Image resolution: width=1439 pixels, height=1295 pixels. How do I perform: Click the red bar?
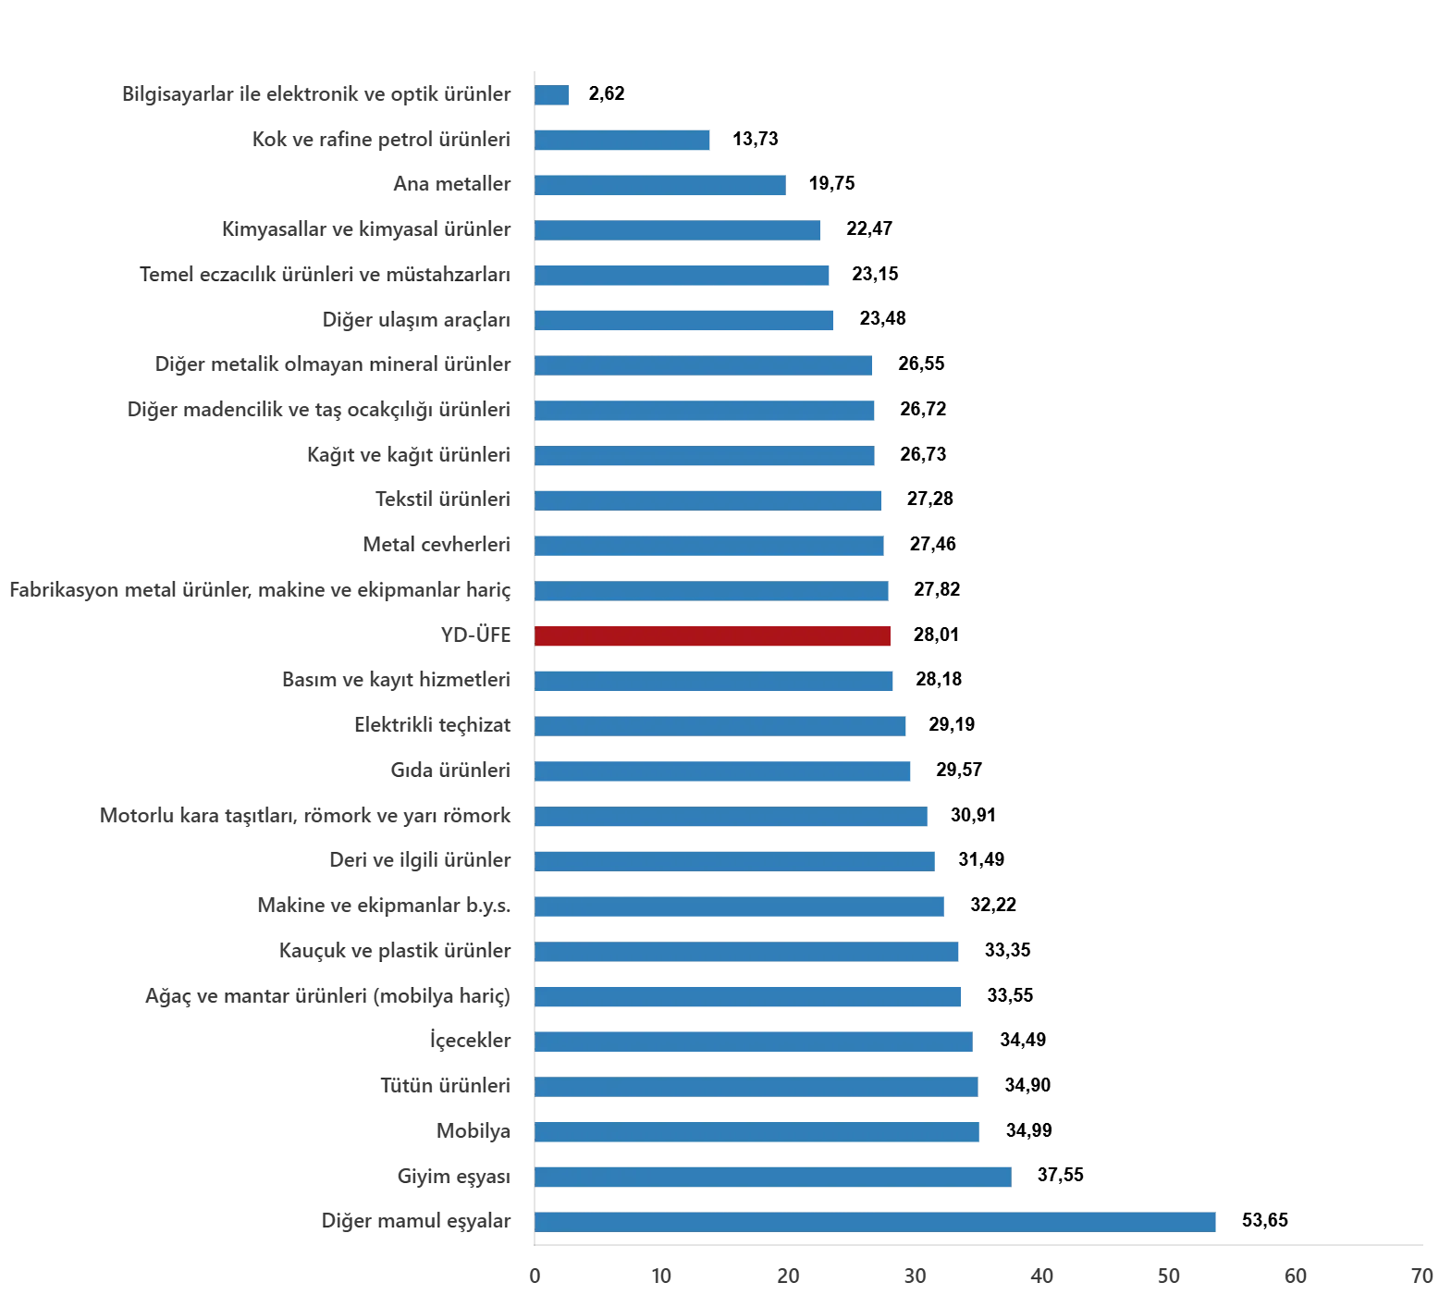pos(713,636)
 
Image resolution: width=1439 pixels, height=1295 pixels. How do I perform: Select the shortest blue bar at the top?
pos(551,95)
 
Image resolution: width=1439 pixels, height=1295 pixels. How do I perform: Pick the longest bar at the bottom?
pos(876,1221)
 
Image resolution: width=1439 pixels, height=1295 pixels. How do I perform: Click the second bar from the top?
pos(621,141)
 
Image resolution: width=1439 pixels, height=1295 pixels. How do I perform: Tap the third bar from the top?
pos(661,185)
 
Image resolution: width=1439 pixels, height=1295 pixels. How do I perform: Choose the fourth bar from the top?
pos(677,229)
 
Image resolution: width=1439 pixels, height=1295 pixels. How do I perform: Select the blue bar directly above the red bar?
pos(713,591)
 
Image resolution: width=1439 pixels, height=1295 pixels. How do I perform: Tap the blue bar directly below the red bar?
pos(714,681)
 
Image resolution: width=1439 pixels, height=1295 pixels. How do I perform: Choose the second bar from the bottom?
pos(773,1177)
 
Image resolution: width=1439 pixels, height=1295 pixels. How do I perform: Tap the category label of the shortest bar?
pos(315,94)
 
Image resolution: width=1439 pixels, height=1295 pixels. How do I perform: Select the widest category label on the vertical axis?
pos(259,590)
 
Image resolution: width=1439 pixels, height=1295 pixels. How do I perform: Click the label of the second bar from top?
pos(380,139)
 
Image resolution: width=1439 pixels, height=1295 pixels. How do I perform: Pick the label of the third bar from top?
pos(452,183)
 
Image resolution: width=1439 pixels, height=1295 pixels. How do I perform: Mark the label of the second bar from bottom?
pos(450,1176)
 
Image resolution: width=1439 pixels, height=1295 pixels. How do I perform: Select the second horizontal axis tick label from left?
pos(661,1277)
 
